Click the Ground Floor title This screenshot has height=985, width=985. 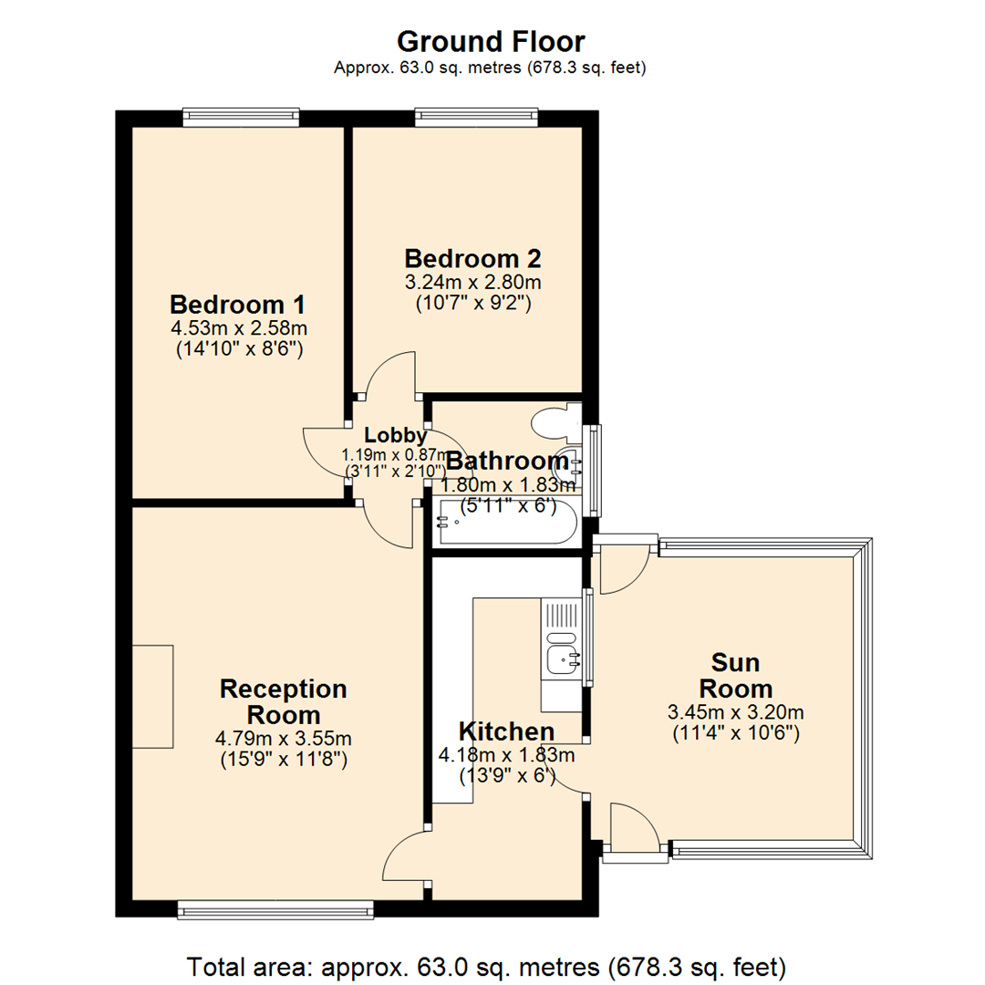click(492, 41)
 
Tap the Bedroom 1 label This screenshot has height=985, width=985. click(237, 304)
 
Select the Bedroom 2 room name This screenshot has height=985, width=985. click(467, 257)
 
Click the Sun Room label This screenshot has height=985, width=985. click(736, 675)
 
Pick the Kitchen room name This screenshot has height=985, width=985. click(506, 731)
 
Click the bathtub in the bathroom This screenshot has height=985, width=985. click(506, 523)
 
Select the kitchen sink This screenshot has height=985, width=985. click(559, 657)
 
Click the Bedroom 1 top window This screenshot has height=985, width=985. click(241, 116)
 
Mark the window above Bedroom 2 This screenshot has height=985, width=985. click(475, 116)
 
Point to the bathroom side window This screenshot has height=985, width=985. click(595, 470)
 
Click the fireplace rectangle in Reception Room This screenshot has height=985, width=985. click(152, 696)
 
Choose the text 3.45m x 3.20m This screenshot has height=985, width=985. click(736, 712)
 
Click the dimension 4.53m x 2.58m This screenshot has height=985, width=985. click(237, 327)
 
